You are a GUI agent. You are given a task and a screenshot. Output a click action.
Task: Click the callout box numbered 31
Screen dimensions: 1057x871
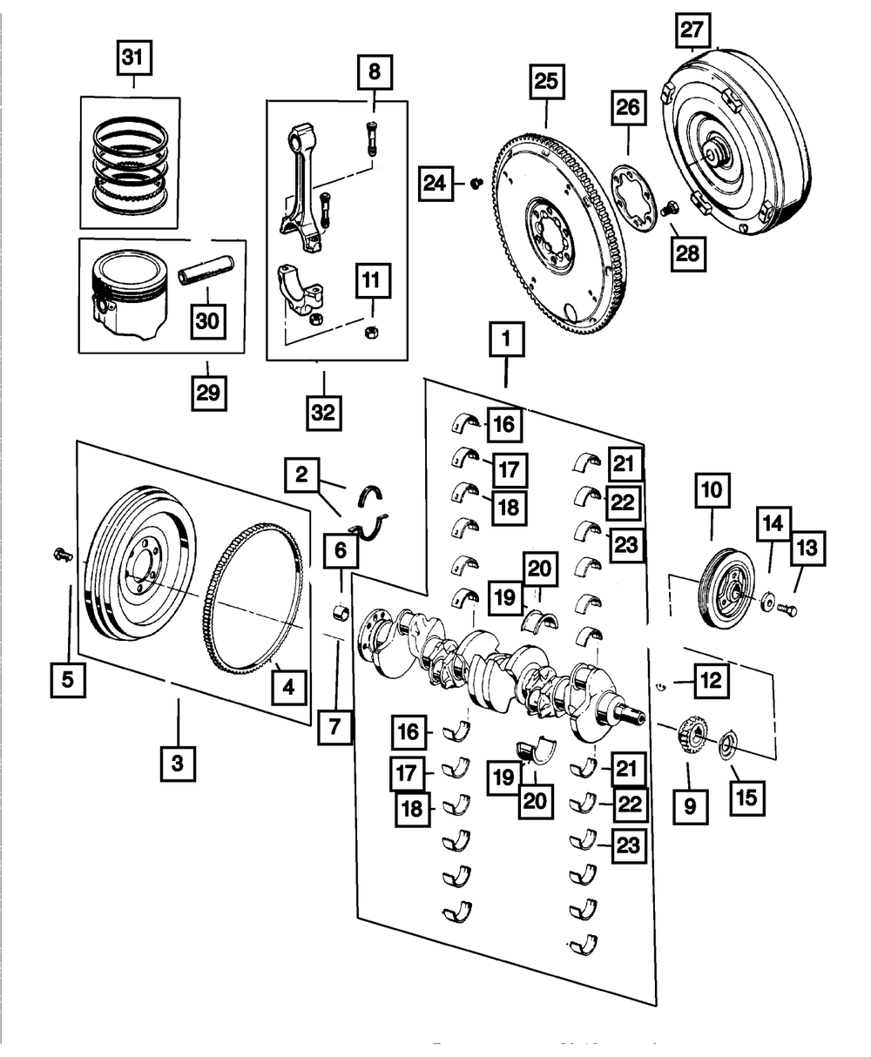pyautogui.click(x=133, y=60)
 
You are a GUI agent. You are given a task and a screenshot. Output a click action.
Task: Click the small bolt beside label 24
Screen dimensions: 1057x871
pyautogui.click(x=476, y=183)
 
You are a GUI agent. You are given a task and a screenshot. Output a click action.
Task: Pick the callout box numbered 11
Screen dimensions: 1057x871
pyautogui.click(x=372, y=281)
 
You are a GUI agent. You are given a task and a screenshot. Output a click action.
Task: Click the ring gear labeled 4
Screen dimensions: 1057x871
pyautogui.click(x=253, y=609)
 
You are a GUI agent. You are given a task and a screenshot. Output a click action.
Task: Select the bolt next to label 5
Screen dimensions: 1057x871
pyautogui.click(x=63, y=554)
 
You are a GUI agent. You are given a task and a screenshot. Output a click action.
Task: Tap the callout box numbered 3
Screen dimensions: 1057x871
pyautogui.click(x=178, y=764)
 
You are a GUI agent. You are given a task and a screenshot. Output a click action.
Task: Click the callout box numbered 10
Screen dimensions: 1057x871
pyautogui.click(x=712, y=491)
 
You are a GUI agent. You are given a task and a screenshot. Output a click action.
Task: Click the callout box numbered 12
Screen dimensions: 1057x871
pyautogui.click(x=711, y=680)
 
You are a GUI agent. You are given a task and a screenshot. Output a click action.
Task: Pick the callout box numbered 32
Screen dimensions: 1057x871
pyautogui.click(x=323, y=412)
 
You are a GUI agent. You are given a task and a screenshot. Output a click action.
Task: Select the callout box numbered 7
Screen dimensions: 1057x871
pyautogui.click(x=334, y=724)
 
